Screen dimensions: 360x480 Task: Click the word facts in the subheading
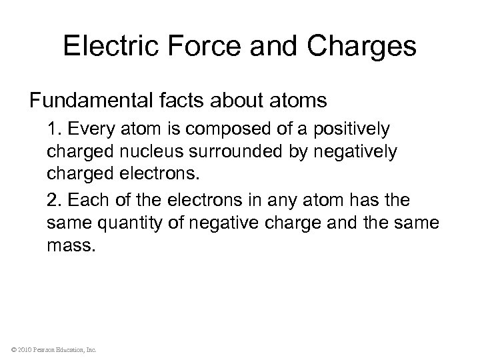(181, 101)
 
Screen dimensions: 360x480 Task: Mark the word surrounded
(236, 152)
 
